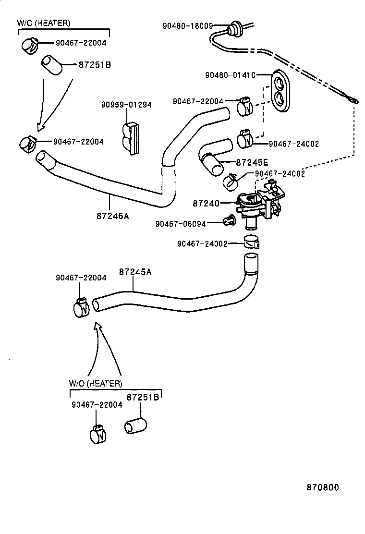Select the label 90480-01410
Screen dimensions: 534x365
(230, 75)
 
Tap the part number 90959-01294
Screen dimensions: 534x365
(126, 105)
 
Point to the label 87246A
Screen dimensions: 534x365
(113, 216)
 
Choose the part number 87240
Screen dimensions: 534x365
(206, 204)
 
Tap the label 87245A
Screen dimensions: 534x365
(135, 272)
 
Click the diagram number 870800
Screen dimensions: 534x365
(323, 487)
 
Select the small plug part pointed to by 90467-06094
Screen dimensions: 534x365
(229, 221)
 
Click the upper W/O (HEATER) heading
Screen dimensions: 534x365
(44, 23)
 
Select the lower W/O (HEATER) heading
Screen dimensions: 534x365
(95, 384)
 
